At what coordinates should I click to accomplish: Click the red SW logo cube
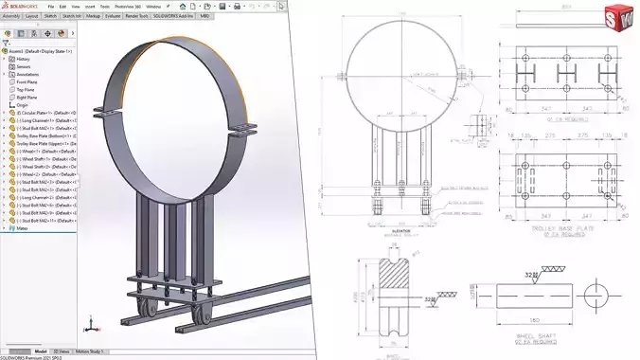tap(619, 17)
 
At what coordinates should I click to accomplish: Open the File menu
tap(49, 6)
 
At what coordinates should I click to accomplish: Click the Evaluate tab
tap(112, 16)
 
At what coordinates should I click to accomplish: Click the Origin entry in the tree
tap(24, 104)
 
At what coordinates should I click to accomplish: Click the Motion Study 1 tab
tap(91, 351)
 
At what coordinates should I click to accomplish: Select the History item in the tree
tap(25, 59)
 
